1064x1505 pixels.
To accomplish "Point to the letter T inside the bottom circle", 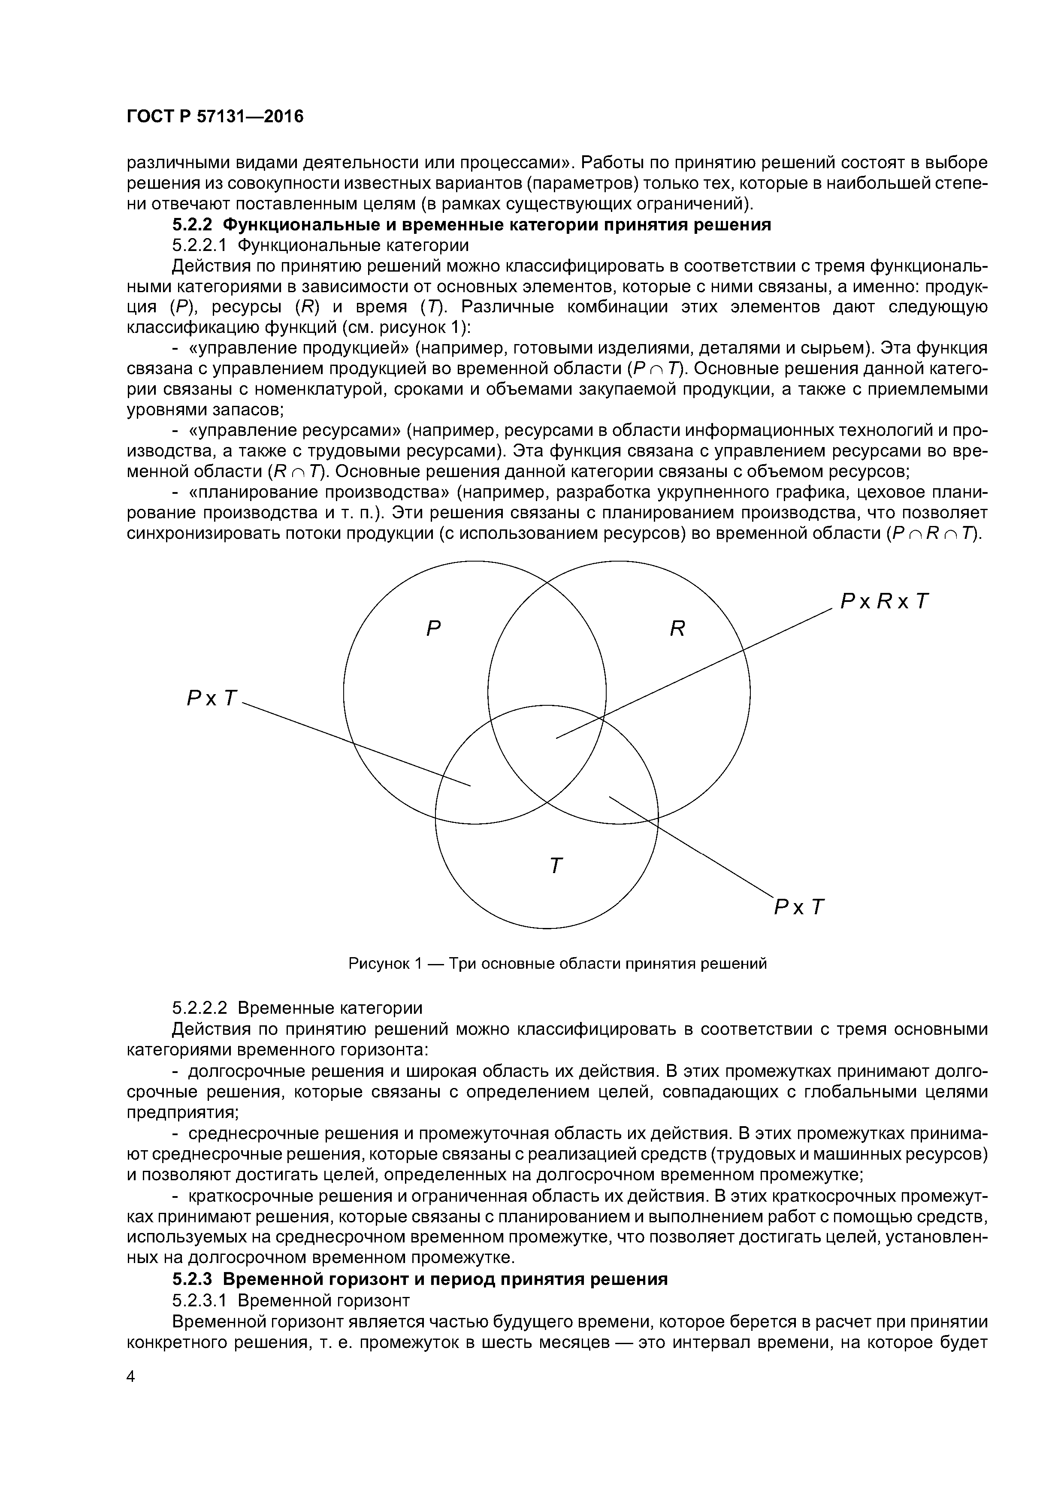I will tap(555, 866).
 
